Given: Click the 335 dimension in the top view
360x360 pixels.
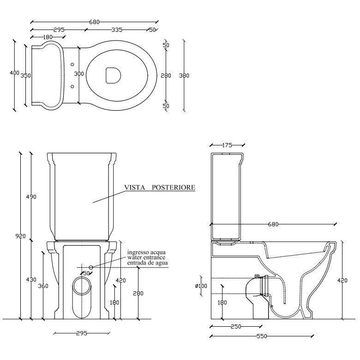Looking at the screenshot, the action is point(117,30).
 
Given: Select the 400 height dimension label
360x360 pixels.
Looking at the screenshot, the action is point(14,73).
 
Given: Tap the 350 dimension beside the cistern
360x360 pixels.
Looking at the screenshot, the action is point(26,76).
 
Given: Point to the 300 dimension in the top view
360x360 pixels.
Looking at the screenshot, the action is point(79,74).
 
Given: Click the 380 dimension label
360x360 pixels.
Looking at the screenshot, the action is point(184,76).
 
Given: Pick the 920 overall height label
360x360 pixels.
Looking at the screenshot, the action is point(21,236).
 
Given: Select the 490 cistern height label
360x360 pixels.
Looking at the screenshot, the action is point(31,197).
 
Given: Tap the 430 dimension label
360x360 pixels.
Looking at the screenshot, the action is point(31,280).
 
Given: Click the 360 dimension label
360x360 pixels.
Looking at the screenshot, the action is point(43,286).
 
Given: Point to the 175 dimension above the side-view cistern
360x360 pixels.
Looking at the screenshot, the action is point(227,145).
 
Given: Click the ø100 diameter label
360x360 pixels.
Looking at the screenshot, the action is point(201,286).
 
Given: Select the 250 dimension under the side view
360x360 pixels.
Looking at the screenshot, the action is point(236,326).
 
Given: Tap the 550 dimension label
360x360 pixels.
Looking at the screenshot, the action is point(262,336).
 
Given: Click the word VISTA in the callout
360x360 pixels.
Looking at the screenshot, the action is point(135,187).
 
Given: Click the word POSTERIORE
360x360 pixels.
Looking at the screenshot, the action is point(174,187).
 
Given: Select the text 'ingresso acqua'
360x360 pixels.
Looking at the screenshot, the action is point(146,252).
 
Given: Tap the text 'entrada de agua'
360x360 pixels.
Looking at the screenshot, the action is point(147,263).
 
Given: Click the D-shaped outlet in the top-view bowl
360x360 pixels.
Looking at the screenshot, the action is point(113,75).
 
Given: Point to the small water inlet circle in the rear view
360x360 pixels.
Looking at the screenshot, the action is point(91,267).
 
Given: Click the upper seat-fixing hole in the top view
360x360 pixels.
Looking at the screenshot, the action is point(72,65).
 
